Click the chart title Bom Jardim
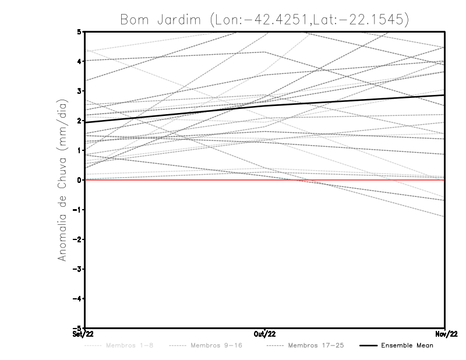pos(264,19)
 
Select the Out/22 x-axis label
pos(265,334)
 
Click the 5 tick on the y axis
pos(79,31)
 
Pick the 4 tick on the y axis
pos(79,61)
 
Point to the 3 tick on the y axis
pos(79,91)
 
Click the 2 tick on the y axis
pos(79,121)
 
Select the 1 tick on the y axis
pos(79,150)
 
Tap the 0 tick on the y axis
pos(79,180)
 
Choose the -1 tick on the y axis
pos(77,210)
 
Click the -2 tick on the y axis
pos(77,239)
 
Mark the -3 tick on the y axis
pos(77,269)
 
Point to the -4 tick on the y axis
pos(77,299)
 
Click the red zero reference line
pos(349,180)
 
